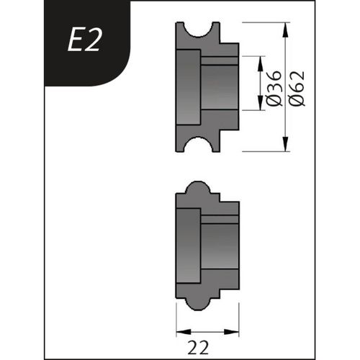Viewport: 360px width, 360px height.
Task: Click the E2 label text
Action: (86, 42)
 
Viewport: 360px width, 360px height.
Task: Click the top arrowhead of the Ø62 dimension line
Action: (287, 28)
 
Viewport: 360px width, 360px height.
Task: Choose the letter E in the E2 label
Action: (76, 42)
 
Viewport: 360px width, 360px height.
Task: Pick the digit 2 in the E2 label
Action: (95, 42)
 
